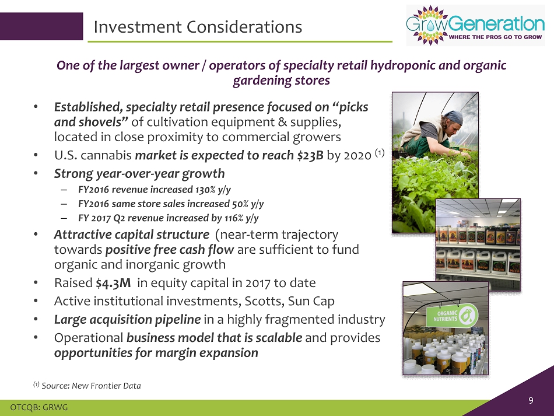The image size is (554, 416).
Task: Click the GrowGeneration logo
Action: point(475,26)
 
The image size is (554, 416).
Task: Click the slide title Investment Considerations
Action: point(198,27)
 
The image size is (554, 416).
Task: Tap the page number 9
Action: point(531,400)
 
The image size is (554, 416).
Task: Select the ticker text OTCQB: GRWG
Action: point(39,407)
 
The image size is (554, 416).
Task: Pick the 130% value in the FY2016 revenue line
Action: point(205,190)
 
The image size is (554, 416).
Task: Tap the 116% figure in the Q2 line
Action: point(234,218)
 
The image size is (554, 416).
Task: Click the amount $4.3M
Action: point(113,283)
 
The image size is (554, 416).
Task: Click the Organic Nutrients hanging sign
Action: point(452,316)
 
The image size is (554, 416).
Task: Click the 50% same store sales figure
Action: point(240,204)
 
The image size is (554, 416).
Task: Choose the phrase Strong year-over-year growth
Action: point(139,173)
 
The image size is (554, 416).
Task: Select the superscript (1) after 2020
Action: point(380,153)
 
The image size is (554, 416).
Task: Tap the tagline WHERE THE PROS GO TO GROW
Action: point(495,37)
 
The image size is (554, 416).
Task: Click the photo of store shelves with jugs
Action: point(478,244)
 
